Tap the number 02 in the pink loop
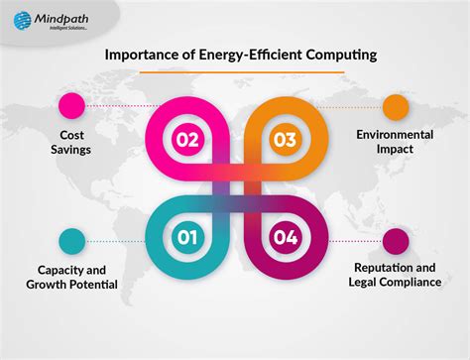coord(186,139)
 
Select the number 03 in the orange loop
coord(285,139)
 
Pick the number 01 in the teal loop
coord(186,237)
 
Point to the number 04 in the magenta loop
coord(285,237)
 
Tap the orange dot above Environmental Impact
coord(396,106)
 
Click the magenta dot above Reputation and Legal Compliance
coord(396,240)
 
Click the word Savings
coord(72,150)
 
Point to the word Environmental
coord(396,133)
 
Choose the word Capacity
coord(52,268)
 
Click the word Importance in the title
coord(146,56)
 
